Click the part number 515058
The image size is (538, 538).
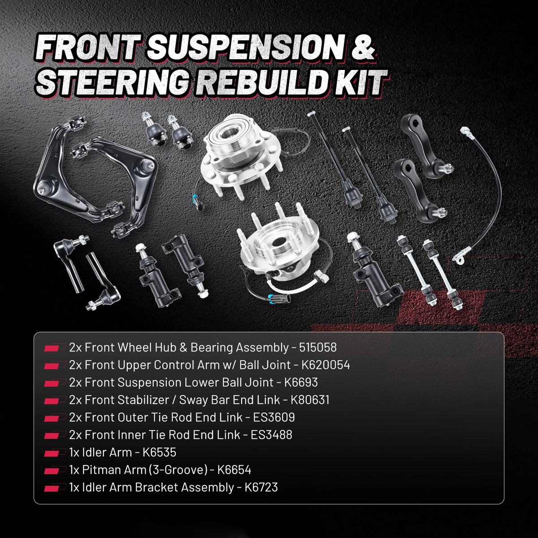(x=318, y=347)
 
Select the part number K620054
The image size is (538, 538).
(x=325, y=365)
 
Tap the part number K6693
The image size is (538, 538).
(x=301, y=382)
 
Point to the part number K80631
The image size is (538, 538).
(x=310, y=400)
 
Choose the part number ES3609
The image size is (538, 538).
(x=274, y=417)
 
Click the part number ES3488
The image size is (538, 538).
(x=271, y=435)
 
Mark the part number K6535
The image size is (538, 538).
(x=160, y=452)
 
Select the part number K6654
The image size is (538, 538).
(x=234, y=470)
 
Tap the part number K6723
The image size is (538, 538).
(x=261, y=487)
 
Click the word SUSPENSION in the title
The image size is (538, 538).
(x=246, y=47)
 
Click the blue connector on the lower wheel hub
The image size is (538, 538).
(x=273, y=297)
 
